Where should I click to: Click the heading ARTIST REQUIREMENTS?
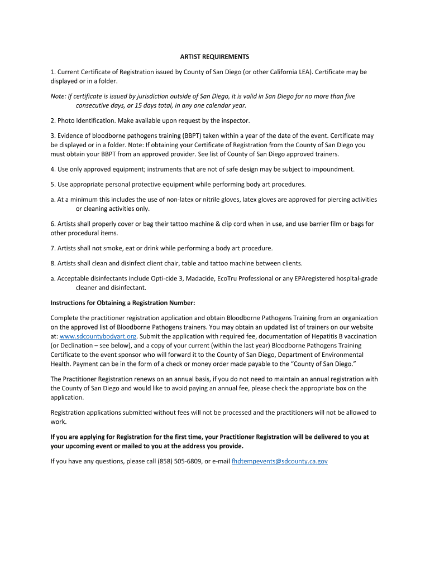pyautogui.click(x=214, y=57)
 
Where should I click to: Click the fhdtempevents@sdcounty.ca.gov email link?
pyautogui.click(x=279, y=461)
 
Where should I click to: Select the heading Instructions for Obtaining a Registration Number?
pyautogui.click(x=123, y=303)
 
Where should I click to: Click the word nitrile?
pyautogui.click(x=198, y=200)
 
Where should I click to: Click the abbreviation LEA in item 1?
pyautogui.click(x=303, y=72)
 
